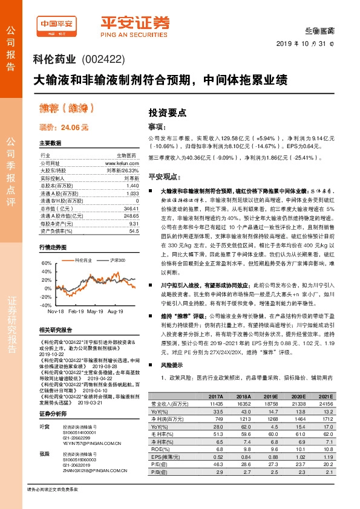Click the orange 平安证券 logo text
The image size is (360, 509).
pos(136,23)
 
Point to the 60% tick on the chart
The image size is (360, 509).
pos(47,264)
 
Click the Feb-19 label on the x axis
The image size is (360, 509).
pos(76,311)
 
